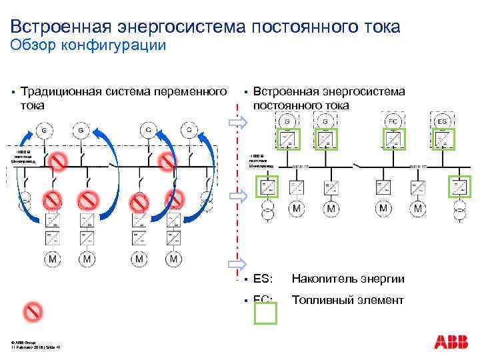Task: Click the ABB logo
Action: click(451, 342)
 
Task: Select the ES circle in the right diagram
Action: click(441, 121)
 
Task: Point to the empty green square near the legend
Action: click(265, 313)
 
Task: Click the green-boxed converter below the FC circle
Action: click(393, 139)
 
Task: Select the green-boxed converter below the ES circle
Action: click(441, 139)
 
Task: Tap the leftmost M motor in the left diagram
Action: click(52, 258)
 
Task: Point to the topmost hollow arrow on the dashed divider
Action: click(237, 122)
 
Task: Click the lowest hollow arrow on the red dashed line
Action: click(237, 263)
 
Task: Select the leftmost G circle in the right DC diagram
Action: click(288, 121)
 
